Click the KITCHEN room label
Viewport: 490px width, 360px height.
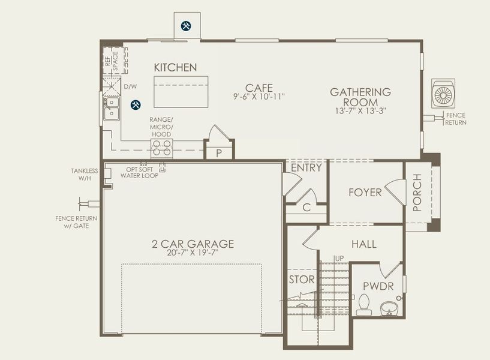tap(175, 67)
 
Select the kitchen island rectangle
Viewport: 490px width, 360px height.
tap(181, 91)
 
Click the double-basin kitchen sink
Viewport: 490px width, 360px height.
tap(111, 108)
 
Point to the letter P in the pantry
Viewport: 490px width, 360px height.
tap(219, 152)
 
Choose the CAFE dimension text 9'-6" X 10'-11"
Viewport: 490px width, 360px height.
tap(259, 96)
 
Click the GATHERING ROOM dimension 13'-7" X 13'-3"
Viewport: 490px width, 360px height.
tap(360, 110)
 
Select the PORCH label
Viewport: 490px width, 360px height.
tap(417, 192)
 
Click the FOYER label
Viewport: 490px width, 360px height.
tap(365, 193)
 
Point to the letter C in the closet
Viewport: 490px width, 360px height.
tap(306, 208)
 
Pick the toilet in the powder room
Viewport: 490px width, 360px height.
tap(363, 305)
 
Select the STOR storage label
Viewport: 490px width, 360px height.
tap(302, 280)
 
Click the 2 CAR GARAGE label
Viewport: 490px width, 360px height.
tap(193, 244)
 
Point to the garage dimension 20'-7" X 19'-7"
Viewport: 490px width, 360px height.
tap(193, 253)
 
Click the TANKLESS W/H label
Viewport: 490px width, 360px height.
tap(83, 175)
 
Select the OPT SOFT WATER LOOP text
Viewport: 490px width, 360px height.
tap(139, 172)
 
